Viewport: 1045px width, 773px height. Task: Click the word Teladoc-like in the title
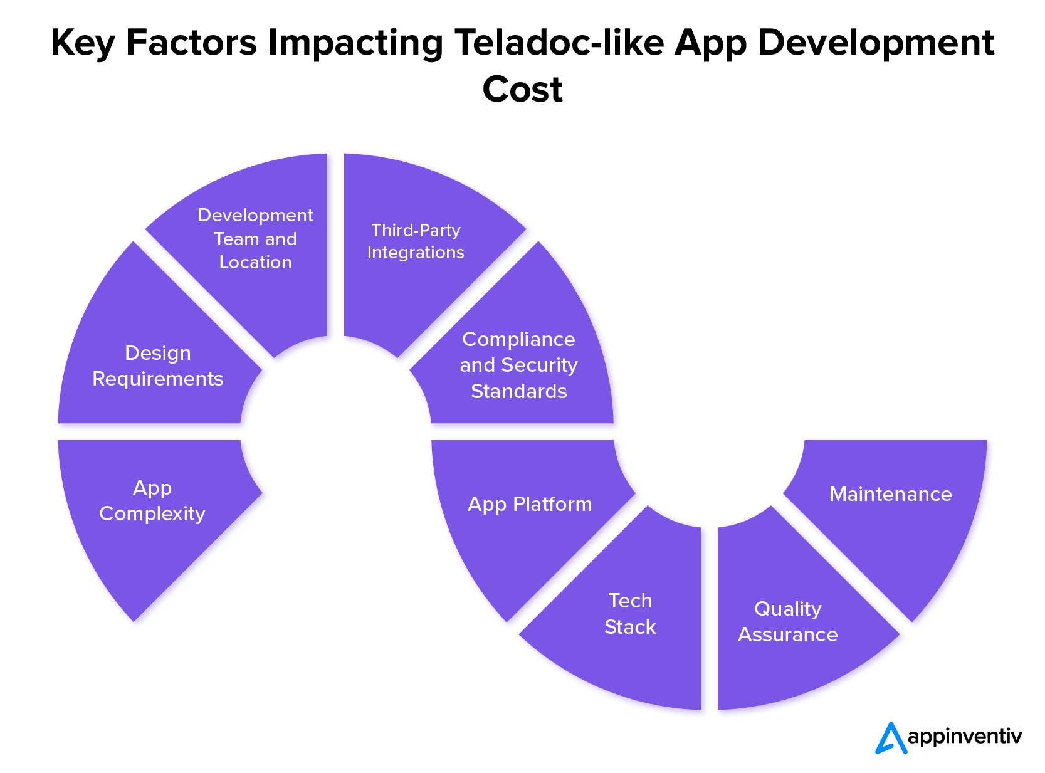(559, 43)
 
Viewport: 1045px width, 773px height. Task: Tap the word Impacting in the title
(355, 43)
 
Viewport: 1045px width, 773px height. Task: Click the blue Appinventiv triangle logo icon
(891, 738)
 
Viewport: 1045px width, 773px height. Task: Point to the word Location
(255, 263)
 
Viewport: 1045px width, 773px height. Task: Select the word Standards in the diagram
(518, 391)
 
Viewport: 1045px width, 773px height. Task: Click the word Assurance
(788, 635)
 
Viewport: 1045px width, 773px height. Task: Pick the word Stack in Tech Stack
(631, 627)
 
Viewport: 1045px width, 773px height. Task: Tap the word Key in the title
(82, 43)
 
